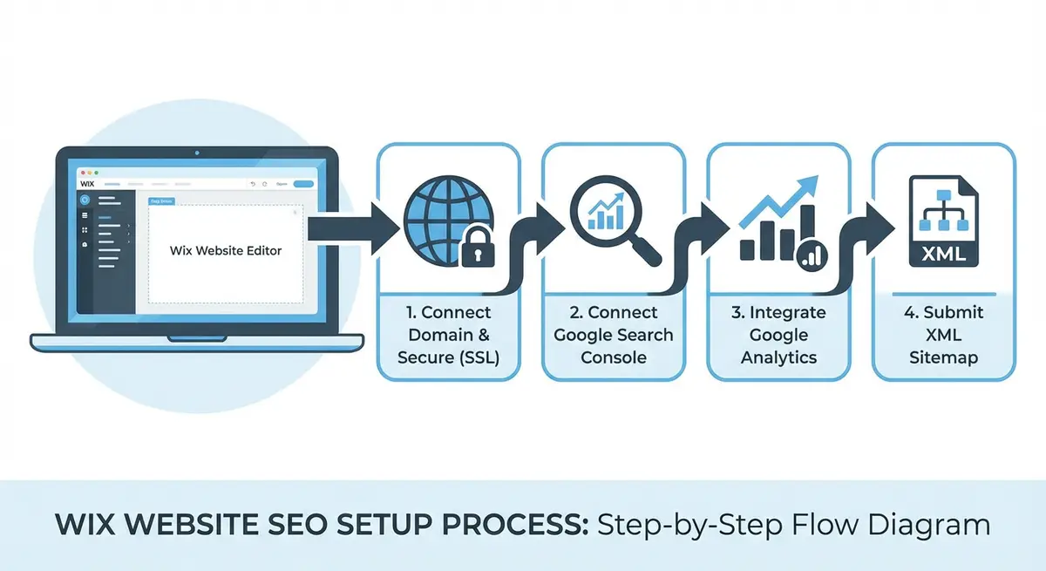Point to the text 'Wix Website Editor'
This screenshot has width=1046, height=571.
pos(226,250)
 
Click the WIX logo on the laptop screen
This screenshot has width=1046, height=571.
pos(86,184)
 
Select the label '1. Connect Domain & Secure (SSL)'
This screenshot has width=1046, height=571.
pos(448,335)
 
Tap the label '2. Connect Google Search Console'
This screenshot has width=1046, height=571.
pos(613,335)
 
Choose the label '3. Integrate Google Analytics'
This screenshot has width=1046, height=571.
pos(778,335)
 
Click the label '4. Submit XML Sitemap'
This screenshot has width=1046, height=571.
pos(944,335)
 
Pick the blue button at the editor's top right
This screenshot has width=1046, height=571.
pos(303,184)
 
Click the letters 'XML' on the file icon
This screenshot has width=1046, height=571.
pos(944,254)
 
